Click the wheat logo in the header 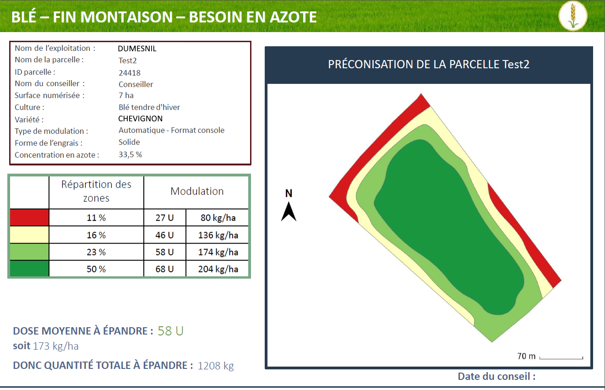(x=573, y=16)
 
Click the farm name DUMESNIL (x=137, y=49)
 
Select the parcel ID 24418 (x=129, y=73)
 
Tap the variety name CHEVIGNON (x=141, y=119)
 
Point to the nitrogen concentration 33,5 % (x=130, y=154)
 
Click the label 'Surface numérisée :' (x=50, y=95)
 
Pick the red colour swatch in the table (x=29, y=217)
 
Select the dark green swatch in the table (x=29, y=269)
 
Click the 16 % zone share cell (x=96, y=235)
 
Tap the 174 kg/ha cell (x=218, y=252)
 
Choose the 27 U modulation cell (x=164, y=217)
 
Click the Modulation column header (x=197, y=191)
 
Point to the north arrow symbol (x=289, y=211)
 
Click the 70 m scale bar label (x=526, y=356)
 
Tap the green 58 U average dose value (x=170, y=331)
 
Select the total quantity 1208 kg (x=216, y=366)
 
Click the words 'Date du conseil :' (x=496, y=376)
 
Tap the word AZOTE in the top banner (x=293, y=17)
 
